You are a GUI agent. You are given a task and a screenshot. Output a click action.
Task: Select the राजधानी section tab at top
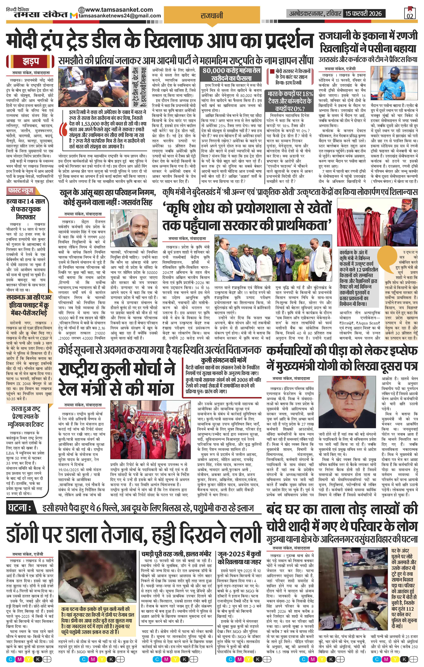tap(212, 16)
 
